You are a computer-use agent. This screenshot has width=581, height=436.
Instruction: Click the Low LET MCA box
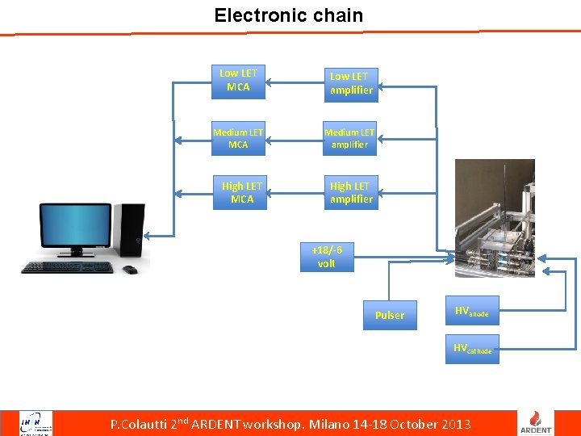tap(238, 80)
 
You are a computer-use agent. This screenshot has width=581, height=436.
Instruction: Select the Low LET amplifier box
tap(351, 83)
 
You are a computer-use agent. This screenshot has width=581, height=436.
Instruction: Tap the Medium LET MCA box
tap(238, 138)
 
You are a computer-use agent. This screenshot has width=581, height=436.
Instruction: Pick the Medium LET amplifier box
tap(349, 138)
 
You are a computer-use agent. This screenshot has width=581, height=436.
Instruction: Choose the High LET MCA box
tap(241, 193)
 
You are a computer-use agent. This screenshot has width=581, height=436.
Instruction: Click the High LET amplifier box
tap(351, 193)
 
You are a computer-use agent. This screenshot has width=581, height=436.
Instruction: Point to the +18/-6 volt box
tap(327, 257)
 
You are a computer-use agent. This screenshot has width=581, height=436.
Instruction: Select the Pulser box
tap(390, 315)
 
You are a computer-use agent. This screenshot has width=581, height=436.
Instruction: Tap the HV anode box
tap(472, 311)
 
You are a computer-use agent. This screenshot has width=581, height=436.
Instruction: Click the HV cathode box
tap(472, 349)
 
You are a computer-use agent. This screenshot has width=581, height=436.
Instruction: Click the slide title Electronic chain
tap(289, 15)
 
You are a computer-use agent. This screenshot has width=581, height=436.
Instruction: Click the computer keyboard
tap(67, 267)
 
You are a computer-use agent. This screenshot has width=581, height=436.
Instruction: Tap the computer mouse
tap(130, 270)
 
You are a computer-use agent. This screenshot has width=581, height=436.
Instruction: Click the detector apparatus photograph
tap(495, 218)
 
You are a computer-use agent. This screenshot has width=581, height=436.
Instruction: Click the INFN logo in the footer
tap(36, 423)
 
